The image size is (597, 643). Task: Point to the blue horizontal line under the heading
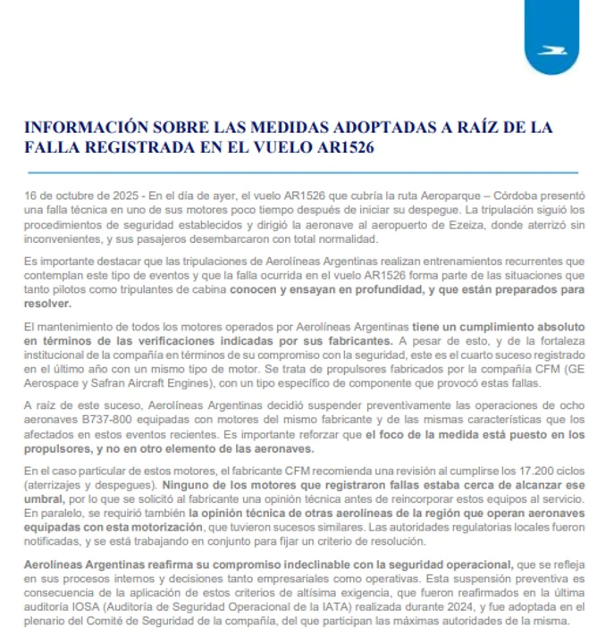coord(298,172)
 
